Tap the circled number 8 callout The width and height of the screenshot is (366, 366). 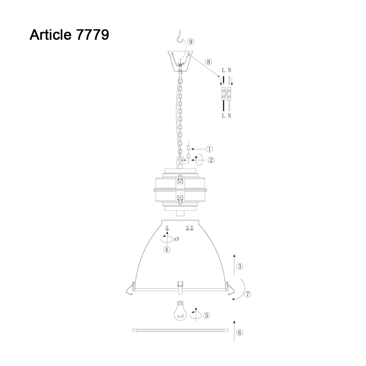pos(208,62)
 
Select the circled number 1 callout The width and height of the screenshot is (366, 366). pos(209,149)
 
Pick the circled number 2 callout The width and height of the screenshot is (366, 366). pos(211,160)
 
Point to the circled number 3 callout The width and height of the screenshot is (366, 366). pos(240,267)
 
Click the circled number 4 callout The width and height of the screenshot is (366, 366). pos(167,249)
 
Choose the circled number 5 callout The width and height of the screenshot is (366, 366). pos(206,316)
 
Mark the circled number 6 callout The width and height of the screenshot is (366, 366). pos(240,332)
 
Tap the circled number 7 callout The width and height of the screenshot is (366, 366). pos(248,294)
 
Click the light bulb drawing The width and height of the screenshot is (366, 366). pos(180,310)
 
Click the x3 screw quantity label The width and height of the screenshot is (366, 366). pos(176,239)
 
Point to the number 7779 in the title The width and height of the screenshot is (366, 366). pos(91,35)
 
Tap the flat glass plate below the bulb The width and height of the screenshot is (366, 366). pos(180,330)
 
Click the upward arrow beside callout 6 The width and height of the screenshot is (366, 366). pos(234,331)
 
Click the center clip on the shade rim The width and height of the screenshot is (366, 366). pos(180,287)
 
